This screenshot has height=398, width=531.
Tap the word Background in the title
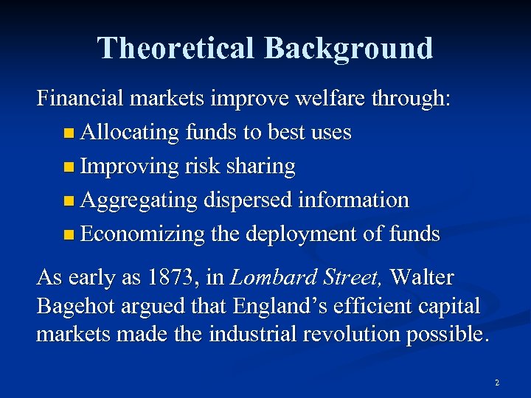click(x=348, y=49)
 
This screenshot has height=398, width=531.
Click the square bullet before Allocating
click(x=69, y=133)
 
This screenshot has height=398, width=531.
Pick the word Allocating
click(x=130, y=133)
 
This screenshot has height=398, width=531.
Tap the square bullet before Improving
click(x=69, y=167)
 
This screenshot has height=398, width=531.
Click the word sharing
click(x=261, y=167)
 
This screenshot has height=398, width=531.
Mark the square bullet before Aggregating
click(x=69, y=201)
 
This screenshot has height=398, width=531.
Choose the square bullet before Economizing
click(x=69, y=235)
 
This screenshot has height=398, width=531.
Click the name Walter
click(x=422, y=278)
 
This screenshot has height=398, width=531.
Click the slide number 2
click(x=497, y=383)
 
